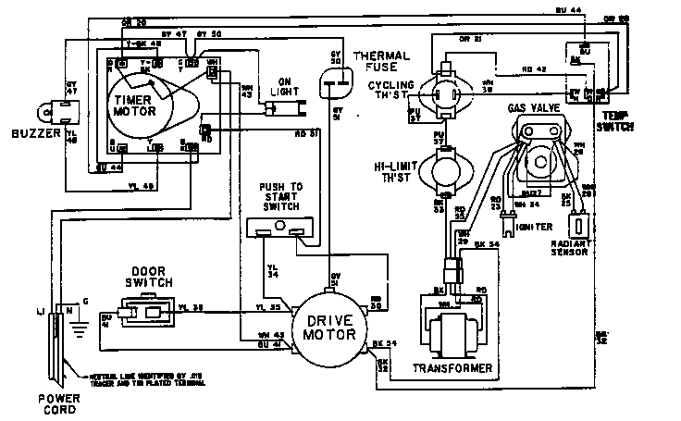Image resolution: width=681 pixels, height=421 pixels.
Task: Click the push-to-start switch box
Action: coord(282,228)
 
